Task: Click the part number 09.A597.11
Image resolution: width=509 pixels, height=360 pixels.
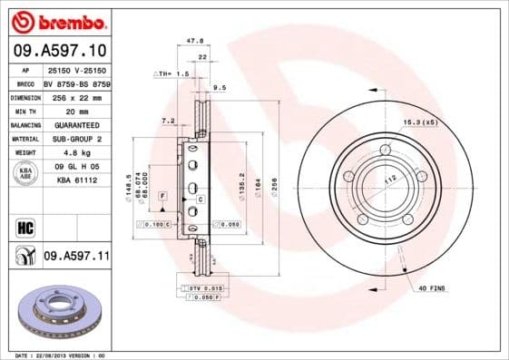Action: point(77,258)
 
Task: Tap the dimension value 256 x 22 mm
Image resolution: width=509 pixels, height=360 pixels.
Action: point(76,95)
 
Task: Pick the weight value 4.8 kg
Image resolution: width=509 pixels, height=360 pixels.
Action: point(76,153)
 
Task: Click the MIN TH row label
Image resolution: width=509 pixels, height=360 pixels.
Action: point(24,110)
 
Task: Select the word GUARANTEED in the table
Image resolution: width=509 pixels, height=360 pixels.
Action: point(76,124)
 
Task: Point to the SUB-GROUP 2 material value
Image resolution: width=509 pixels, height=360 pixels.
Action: point(76,139)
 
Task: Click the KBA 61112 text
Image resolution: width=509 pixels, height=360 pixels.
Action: point(76,181)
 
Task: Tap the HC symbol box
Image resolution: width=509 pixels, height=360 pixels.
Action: point(24,227)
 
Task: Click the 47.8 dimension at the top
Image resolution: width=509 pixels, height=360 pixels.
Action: point(193,41)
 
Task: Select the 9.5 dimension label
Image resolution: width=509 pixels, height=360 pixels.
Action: point(219,89)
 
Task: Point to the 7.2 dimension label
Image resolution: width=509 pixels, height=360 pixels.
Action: point(167,120)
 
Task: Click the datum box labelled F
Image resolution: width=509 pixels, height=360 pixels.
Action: point(162,196)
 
